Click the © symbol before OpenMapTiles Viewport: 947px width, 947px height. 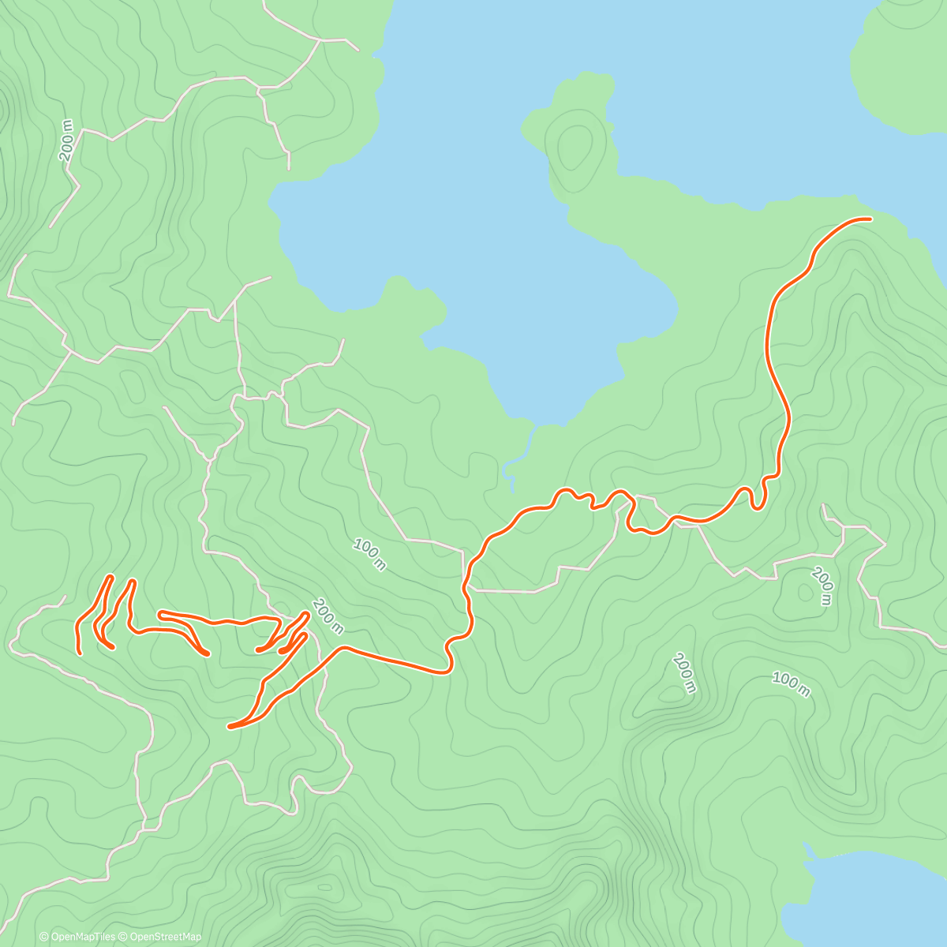pyautogui.click(x=44, y=937)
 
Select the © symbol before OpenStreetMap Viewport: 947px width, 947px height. pyautogui.click(x=122, y=937)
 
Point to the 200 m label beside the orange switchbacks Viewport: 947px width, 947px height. pyautogui.click(x=328, y=616)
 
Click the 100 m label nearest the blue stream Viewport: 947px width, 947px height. pyautogui.click(x=369, y=554)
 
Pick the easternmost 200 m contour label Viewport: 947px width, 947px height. pyautogui.click(x=822, y=586)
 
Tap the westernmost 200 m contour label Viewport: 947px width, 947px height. pyautogui.click(x=66, y=141)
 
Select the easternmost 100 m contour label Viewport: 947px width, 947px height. pyautogui.click(x=791, y=686)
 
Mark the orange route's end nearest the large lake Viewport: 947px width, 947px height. pyautogui.click(x=870, y=219)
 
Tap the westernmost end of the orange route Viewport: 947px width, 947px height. pyautogui.click(x=80, y=652)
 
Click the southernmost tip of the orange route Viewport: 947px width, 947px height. pyautogui.click(x=230, y=726)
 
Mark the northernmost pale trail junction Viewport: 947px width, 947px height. pyautogui.click(x=319, y=39)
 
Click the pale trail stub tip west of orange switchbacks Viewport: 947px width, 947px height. pyautogui.click(x=63, y=597)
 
